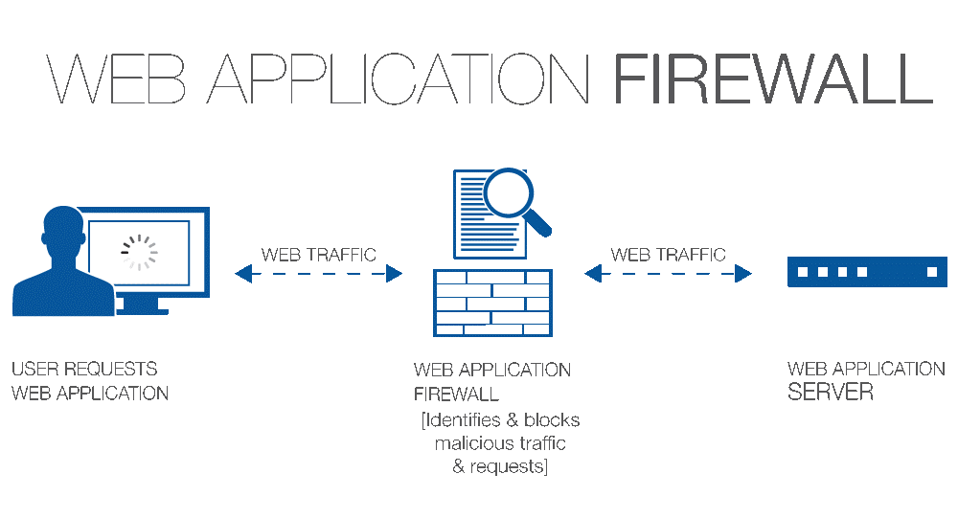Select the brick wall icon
coord(493,303)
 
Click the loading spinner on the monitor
coord(139,252)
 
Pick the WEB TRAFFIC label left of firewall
coord(319,255)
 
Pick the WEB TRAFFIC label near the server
coord(669,255)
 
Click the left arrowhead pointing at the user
coord(243,275)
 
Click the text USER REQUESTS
coord(84,369)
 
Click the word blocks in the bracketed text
coord(553,420)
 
